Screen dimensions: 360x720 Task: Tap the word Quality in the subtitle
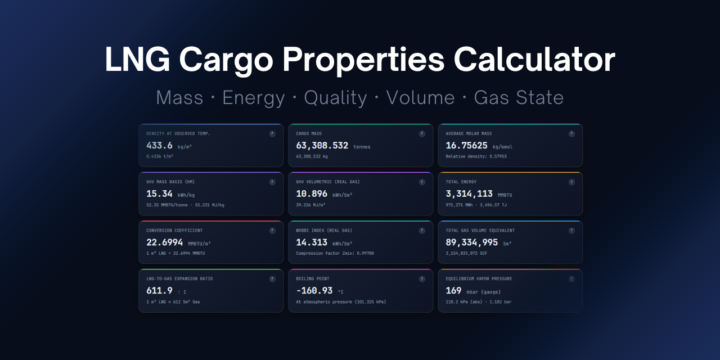pos(335,98)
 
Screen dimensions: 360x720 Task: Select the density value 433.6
pos(159,146)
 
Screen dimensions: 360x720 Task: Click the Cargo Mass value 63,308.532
pos(322,146)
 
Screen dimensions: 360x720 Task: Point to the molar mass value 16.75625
pos(466,146)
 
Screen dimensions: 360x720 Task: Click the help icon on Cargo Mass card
pos(422,134)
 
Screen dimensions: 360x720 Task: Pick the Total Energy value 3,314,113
pos(470,194)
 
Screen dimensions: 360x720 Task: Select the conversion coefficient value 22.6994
pos(164,242)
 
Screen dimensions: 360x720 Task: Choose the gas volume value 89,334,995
pos(471,242)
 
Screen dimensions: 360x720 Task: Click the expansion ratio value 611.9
pos(159,291)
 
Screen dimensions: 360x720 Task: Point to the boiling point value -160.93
pos(314,291)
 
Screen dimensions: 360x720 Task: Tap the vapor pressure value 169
pos(453,291)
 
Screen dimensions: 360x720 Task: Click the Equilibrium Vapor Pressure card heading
pos(479,278)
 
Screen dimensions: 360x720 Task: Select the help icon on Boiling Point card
pos(422,278)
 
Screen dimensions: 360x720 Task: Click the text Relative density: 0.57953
pos(476,156)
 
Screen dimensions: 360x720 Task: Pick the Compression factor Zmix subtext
pos(335,253)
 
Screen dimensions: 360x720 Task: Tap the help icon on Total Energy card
pos(571,182)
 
